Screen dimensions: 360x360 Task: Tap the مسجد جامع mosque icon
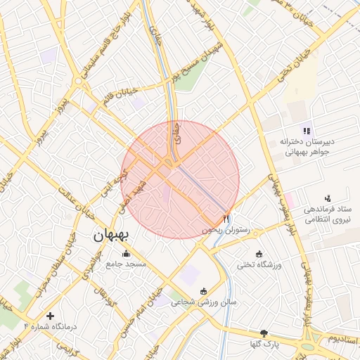coord(126,254)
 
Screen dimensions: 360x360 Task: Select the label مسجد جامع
coord(126,264)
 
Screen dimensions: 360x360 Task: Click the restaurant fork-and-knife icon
coord(226,219)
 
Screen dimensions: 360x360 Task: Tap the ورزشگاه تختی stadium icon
coord(259,254)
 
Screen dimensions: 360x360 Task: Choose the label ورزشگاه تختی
coord(259,264)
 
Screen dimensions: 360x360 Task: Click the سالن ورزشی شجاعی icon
coord(204,291)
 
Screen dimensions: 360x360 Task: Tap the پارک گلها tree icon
coord(264,333)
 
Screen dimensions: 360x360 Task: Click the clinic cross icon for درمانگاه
coord(49,316)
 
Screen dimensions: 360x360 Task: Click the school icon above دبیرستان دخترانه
coord(306,130)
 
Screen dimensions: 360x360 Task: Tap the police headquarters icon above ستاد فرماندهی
coord(327,200)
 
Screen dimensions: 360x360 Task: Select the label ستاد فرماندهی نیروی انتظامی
coord(327,214)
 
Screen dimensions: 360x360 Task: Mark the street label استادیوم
coord(342,340)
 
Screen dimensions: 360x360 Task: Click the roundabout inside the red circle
coord(169,165)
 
